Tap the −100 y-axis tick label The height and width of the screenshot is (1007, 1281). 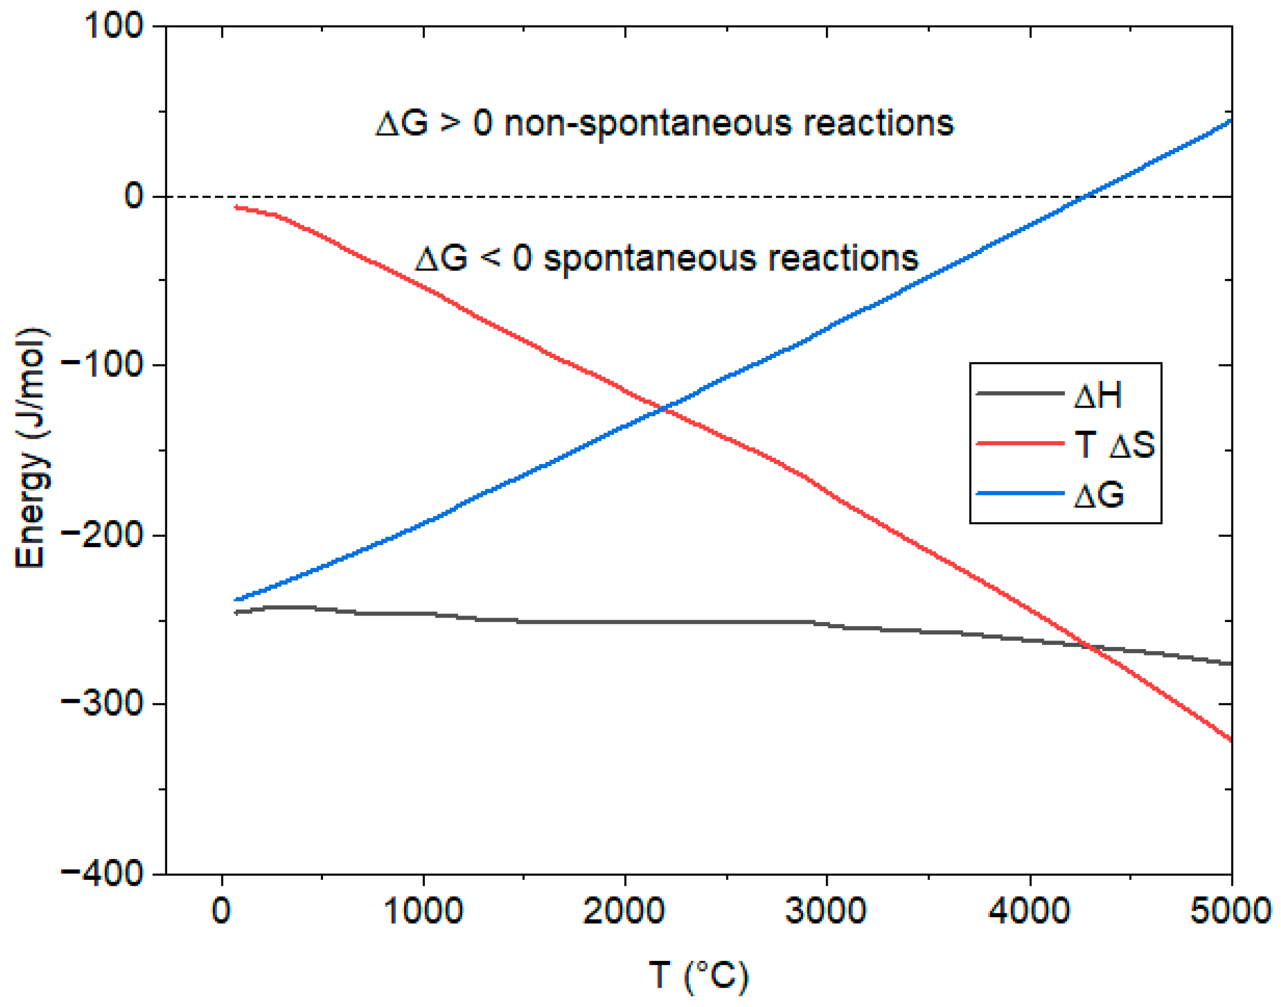click(x=103, y=365)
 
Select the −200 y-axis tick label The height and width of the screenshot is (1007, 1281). click(x=103, y=535)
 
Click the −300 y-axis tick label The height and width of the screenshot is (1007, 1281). click(x=103, y=704)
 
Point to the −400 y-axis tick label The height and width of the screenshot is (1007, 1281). click(x=103, y=873)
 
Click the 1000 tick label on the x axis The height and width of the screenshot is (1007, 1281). click(x=423, y=911)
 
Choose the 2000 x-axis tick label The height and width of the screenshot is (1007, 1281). click(x=625, y=911)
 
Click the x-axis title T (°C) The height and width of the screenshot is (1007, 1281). click(x=699, y=975)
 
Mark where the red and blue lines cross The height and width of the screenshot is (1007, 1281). click(x=665, y=408)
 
